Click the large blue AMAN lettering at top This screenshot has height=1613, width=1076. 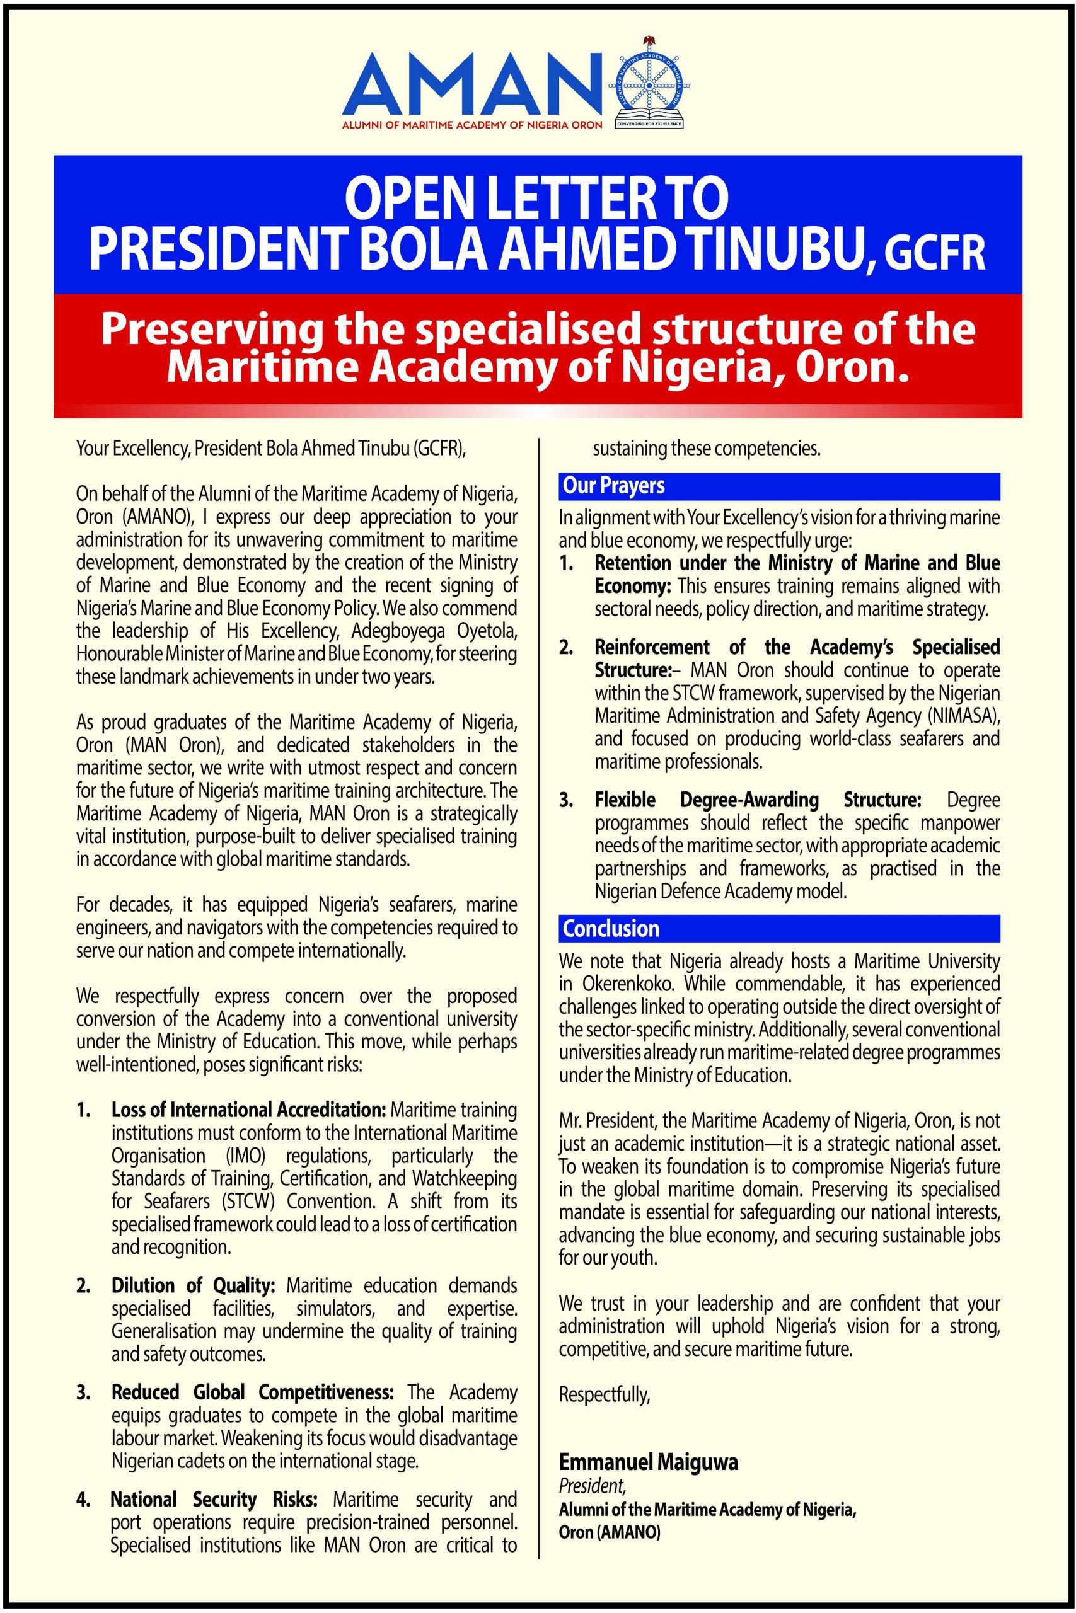[472, 85]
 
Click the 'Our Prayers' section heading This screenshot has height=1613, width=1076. [613, 486]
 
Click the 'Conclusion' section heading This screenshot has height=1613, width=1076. [611, 928]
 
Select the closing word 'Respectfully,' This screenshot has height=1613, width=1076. [604, 1394]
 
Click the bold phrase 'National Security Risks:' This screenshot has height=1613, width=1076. [214, 1499]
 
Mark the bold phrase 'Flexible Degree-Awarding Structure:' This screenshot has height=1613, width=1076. [758, 800]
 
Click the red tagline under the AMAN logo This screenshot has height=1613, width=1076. [472, 125]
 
